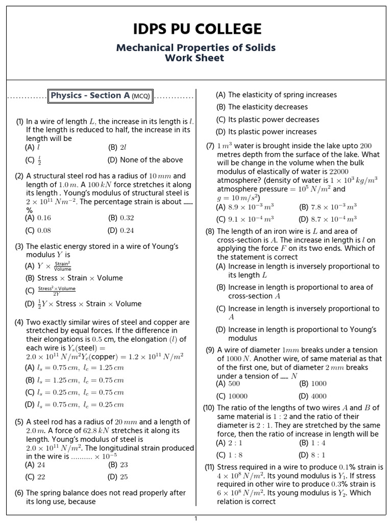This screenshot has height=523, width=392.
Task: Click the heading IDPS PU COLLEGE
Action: pyautogui.click(x=196, y=29)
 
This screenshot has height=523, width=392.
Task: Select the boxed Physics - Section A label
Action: pyautogui.click(x=101, y=96)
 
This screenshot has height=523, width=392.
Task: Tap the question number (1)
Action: pyautogui.click(x=20, y=122)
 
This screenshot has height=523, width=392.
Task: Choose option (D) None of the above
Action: pyautogui.click(x=137, y=160)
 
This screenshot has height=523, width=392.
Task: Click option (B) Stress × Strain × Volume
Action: pyautogui.click(x=74, y=278)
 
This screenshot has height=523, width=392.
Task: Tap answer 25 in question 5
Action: pyautogui.click(x=124, y=477)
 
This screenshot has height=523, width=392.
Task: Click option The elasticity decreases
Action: pyautogui.click(x=267, y=107)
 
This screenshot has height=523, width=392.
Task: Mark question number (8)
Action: pyautogui.click(x=210, y=231)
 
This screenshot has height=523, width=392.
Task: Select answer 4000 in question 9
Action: pyautogui.click(x=318, y=396)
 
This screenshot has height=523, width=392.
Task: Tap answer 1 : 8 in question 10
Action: pyautogui.click(x=235, y=455)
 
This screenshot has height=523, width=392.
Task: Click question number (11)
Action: pyautogui.click(x=209, y=467)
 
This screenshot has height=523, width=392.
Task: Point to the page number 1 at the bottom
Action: pyautogui.click(x=195, y=518)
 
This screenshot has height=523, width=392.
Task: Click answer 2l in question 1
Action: pyautogui.click(x=123, y=147)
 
